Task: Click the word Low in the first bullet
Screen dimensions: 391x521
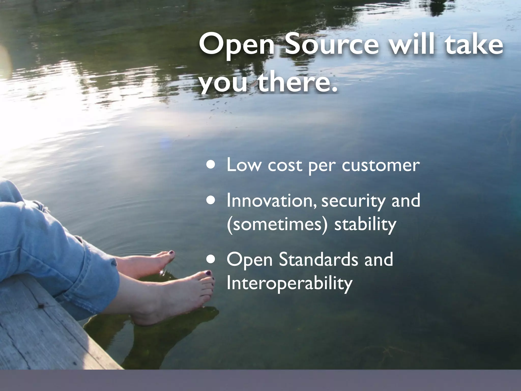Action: click(244, 165)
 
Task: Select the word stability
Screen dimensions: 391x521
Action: click(365, 225)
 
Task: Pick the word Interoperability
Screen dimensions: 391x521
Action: click(290, 283)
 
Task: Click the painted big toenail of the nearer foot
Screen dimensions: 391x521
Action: click(208, 273)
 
